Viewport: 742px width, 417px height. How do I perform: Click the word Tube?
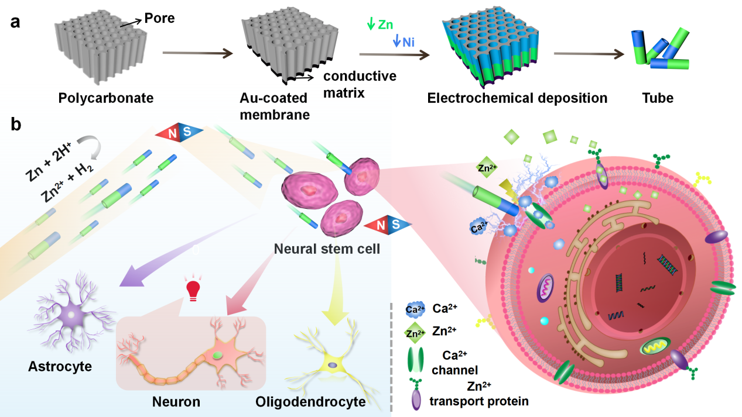coord(657,98)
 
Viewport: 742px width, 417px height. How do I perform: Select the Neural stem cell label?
coord(326,249)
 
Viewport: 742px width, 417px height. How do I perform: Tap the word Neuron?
coord(176,402)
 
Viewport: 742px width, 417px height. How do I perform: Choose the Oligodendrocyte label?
coord(310,402)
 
